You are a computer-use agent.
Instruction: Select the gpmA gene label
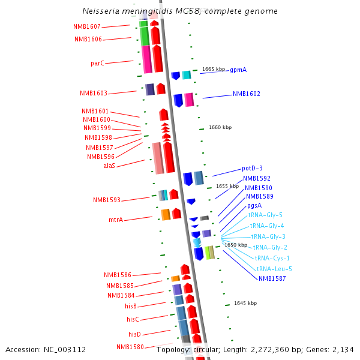click(x=238, y=70)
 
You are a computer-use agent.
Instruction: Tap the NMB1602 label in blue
click(x=247, y=94)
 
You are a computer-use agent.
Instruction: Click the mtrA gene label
click(x=116, y=220)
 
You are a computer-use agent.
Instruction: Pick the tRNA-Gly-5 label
click(x=265, y=215)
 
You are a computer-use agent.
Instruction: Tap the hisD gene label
click(x=134, y=334)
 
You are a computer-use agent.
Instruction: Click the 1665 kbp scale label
click(x=214, y=69)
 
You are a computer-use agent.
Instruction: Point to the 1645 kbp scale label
click(x=245, y=304)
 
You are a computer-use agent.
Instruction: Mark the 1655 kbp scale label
click(x=227, y=186)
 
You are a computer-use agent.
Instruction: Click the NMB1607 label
click(x=87, y=27)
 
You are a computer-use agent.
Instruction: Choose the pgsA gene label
click(x=254, y=205)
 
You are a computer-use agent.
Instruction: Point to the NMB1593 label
click(x=107, y=200)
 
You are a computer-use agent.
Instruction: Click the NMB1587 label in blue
click(x=272, y=278)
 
